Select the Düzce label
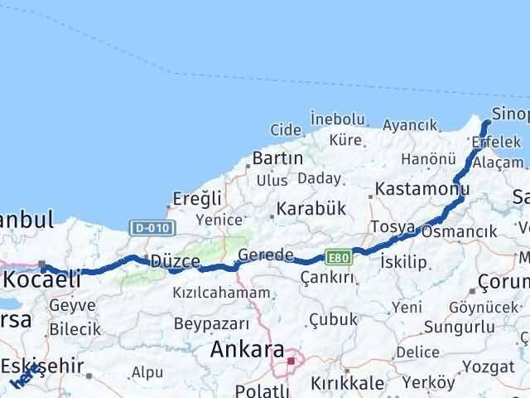pyautogui.click(x=175, y=261)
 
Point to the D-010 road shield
pyautogui.click(x=143, y=226)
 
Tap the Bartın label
pyautogui.click(x=269, y=158)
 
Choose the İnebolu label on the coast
pyautogui.click(x=337, y=119)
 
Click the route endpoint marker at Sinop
pyautogui.click(x=486, y=123)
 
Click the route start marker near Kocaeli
pyautogui.click(x=43, y=266)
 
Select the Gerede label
pyautogui.click(x=265, y=255)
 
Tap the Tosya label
pyautogui.click(x=393, y=226)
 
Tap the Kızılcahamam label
pyautogui.click(x=221, y=293)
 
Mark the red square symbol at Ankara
pyautogui.click(x=291, y=360)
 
